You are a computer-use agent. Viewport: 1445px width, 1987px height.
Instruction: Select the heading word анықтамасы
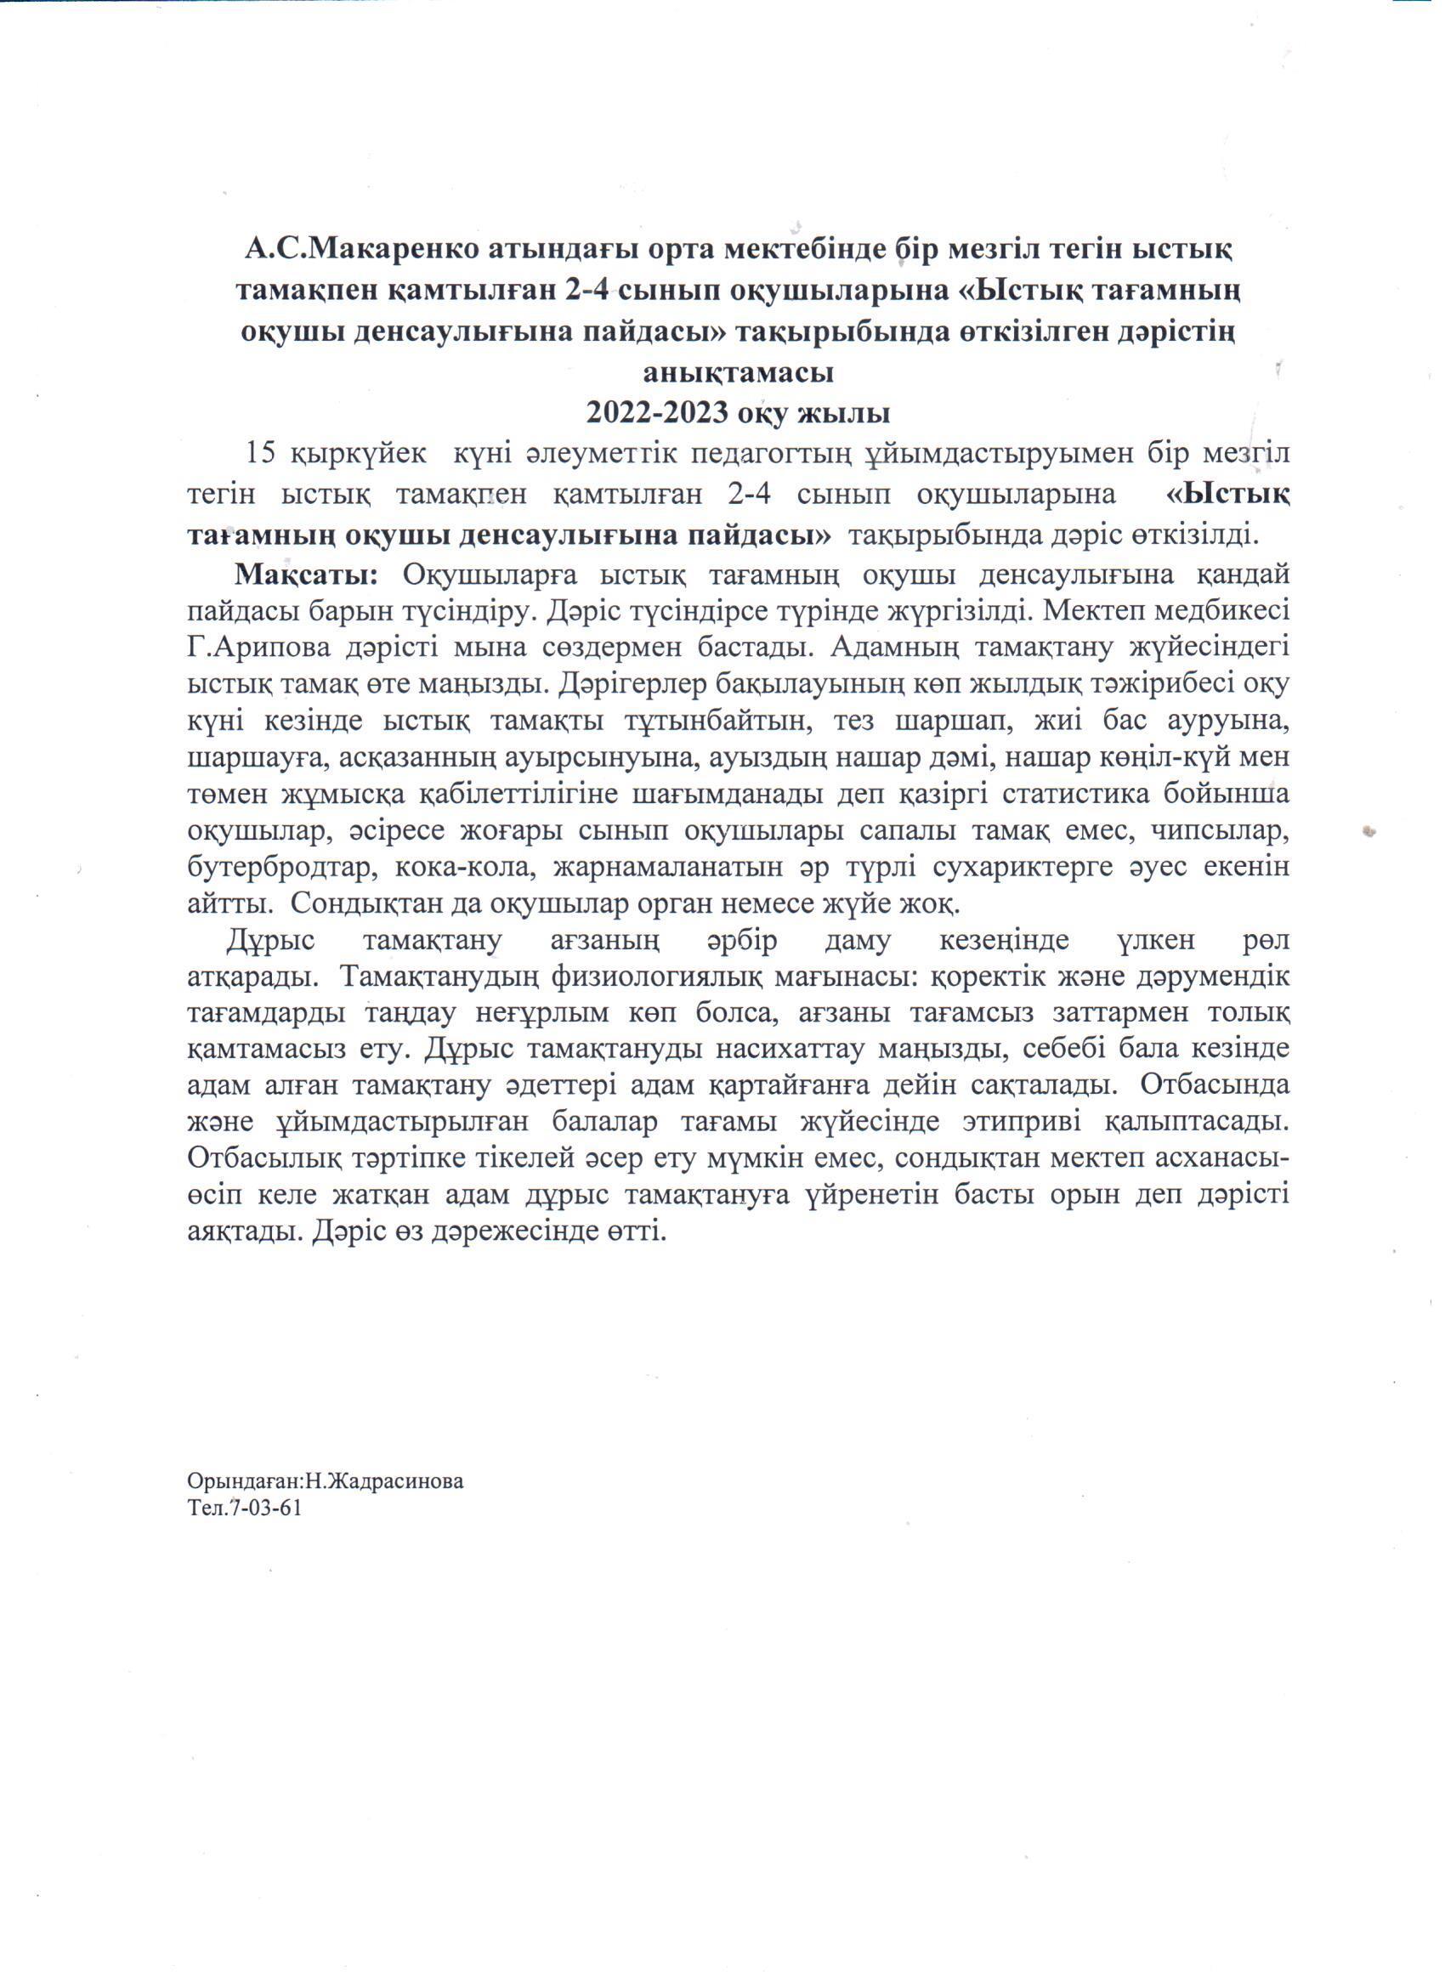pos(738,372)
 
